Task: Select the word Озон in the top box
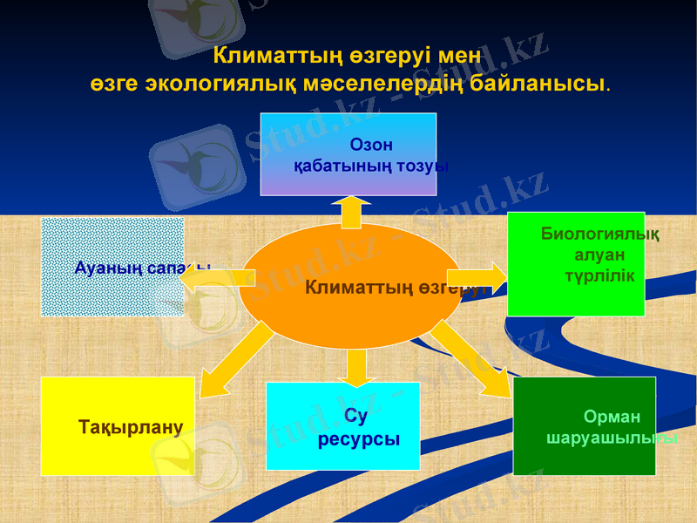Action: (x=371, y=145)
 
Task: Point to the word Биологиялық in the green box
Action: (x=599, y=234)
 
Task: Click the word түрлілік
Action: (x=600, y=275)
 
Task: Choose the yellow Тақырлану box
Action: (x=118, y=426)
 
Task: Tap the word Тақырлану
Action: (x=131, y=427)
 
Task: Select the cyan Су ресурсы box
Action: (x=342, y=426)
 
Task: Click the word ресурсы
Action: (x=359, y=439)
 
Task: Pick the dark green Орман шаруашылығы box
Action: (x=584, y=426)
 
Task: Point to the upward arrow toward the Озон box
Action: (x=352, y=211)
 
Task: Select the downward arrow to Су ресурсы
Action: (x=356, y=367)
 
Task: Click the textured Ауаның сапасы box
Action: (x=112, y=266)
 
